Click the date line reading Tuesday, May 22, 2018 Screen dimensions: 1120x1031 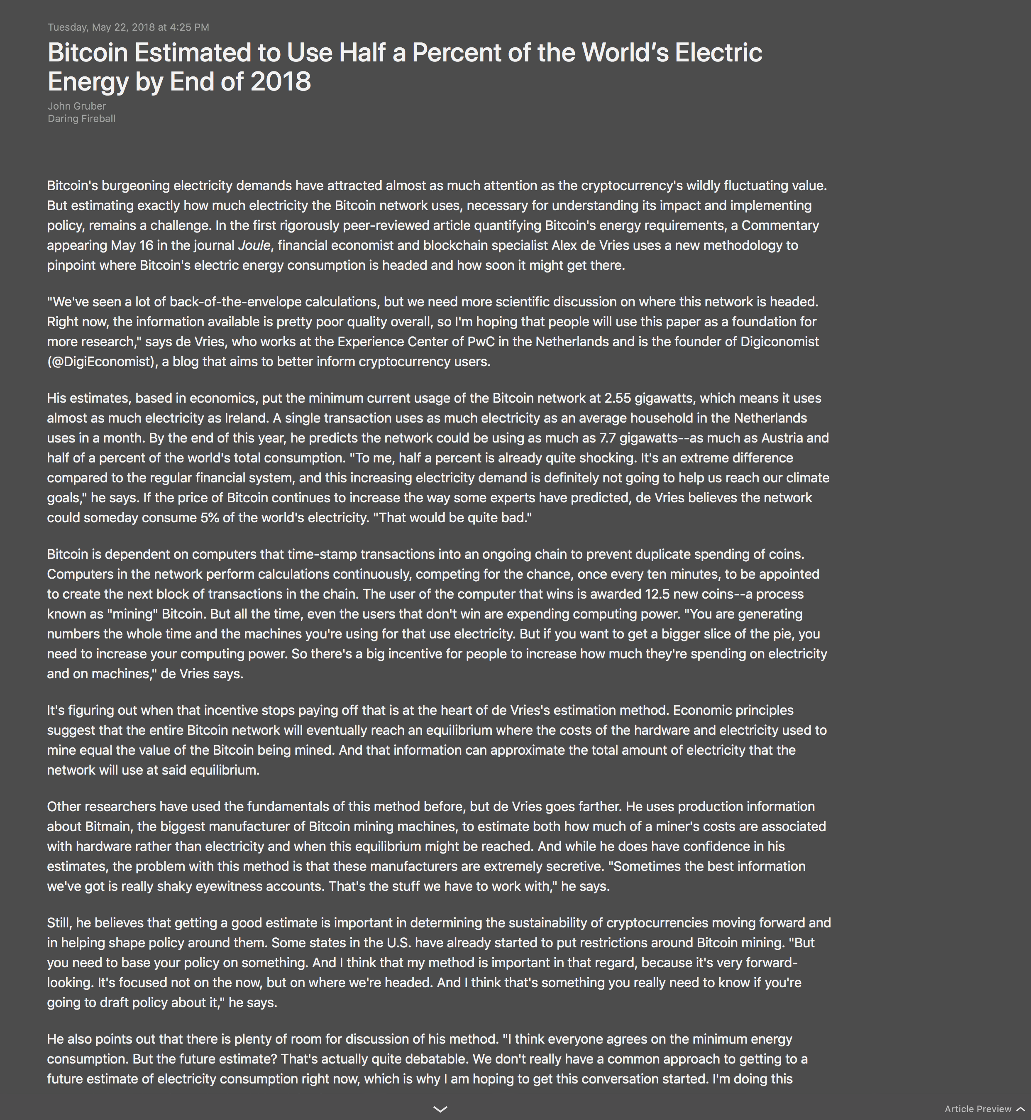coord(128,27)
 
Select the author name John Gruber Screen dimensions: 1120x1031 coord(77,106)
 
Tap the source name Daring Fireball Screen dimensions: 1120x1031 coord(81,118)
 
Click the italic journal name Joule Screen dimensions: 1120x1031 coord(254,245)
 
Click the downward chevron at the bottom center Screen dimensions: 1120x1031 coord(440,1109)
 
